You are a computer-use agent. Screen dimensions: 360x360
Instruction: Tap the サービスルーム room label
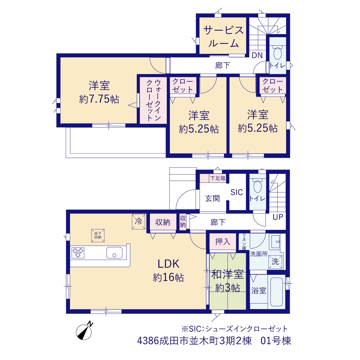[224, 37]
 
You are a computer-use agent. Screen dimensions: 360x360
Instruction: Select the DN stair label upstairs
[257, 55]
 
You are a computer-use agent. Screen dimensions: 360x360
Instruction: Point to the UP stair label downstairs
[278, 217]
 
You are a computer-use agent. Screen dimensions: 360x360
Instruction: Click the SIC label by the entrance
[237, 192]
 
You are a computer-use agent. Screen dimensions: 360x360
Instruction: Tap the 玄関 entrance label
[212, 198]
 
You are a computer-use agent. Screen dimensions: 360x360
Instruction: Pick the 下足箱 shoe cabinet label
[218, 178]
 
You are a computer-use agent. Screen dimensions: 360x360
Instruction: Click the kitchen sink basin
[114, 253]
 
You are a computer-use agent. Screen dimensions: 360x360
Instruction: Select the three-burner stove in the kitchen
[78, 253]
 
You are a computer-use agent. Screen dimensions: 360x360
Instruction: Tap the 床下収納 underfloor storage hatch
[98, 236]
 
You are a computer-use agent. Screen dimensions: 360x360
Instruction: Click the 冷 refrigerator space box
[138, 222]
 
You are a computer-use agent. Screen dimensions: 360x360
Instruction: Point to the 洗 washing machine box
[275, 262]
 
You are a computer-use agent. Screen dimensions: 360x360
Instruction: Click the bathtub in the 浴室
[276, 292]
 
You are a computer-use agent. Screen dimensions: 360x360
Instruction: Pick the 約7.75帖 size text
[99, 99]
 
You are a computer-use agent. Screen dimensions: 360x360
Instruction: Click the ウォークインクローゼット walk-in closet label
[154, 100]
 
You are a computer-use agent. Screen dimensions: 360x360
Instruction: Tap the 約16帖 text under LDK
[168, 277]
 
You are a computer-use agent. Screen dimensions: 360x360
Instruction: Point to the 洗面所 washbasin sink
[276, 242]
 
